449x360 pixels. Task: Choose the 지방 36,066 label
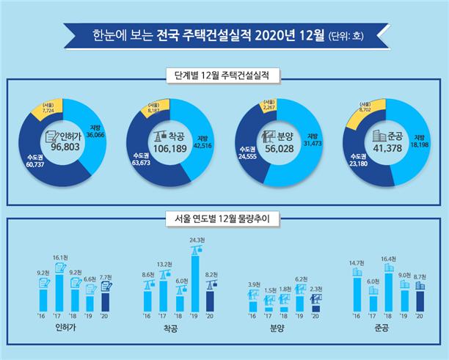[100, 131]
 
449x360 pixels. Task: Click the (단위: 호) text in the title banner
[343, 34]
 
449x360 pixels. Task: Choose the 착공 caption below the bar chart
[171, 331]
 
